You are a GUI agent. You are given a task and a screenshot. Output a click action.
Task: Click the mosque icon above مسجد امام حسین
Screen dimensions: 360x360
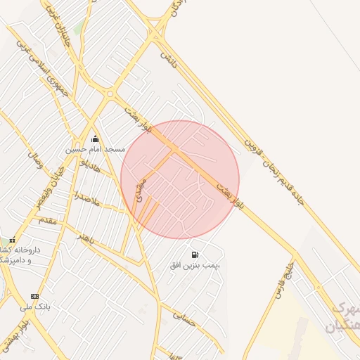[x=96, y=139]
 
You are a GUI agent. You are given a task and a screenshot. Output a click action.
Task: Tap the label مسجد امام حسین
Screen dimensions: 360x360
[x=96, y=149]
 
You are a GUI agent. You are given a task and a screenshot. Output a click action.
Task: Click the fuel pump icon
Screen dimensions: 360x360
[x=194, y=254]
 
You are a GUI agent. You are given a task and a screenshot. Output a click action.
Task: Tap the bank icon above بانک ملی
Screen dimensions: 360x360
[x=34, y=296]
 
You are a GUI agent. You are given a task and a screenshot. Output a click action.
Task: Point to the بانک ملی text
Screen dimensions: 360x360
[x=35, y=307]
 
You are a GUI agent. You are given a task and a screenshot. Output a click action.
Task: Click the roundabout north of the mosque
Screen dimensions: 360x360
[x=110, y=93]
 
